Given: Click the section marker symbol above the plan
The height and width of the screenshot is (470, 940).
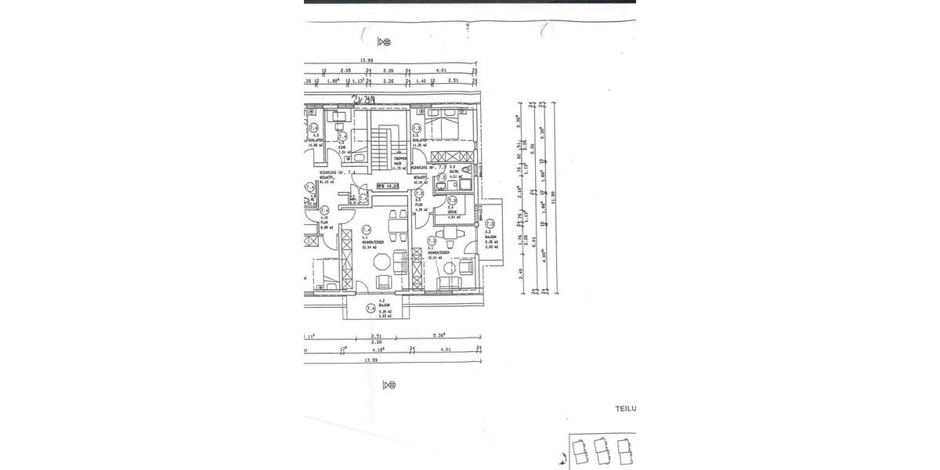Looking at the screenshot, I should (385, 42).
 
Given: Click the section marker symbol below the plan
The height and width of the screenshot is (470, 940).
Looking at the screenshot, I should (389, 385).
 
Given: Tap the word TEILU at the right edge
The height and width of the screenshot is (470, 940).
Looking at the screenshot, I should (625, 408).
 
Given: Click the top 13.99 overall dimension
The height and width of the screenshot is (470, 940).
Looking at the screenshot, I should (365, 60).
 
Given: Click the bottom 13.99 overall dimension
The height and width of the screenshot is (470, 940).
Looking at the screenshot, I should (365, 361).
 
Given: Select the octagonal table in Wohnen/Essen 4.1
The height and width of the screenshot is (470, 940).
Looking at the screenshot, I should (382, 283).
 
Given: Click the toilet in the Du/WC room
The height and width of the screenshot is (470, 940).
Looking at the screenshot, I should (468, 170).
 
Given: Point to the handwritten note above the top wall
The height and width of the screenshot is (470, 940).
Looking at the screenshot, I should (365, 99).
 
